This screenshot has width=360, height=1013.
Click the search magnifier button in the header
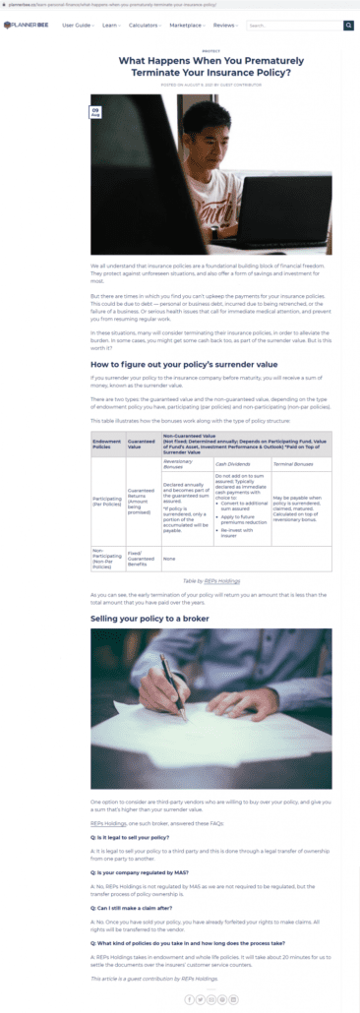348,26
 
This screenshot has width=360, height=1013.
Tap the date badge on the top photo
96,113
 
